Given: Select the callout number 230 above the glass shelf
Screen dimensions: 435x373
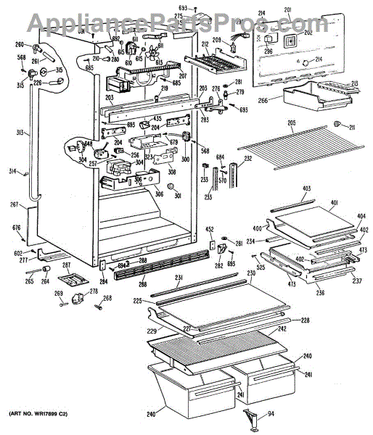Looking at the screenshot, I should click(251, 273).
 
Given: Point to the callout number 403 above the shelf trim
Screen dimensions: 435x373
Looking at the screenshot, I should click(306, 189).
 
